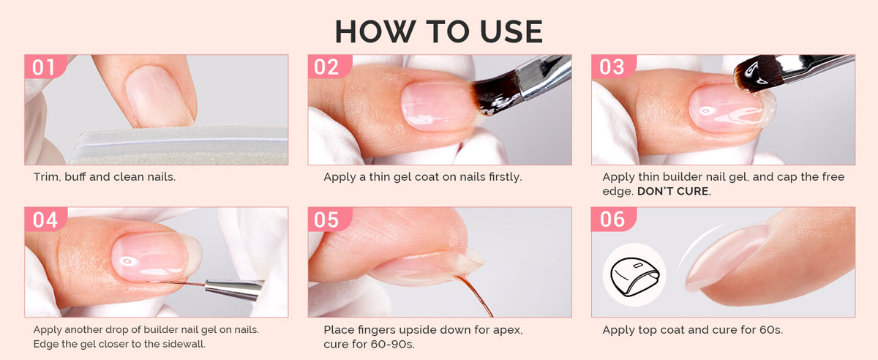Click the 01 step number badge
click(x=45, y=67)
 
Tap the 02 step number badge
click(x=329, y=67)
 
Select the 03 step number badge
click(x=612, y=67)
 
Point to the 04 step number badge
click(x=45, y=220)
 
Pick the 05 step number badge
click(x=329, y=220)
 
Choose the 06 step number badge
click(x=612, y=220)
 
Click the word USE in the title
click(x=511, y=31)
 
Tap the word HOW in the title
click(x=375, y=31)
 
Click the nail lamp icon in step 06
click(x=634, y=275)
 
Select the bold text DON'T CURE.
click(x=674, y=192)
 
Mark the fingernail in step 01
click(x=158, y=95)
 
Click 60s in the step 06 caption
click(x=771, y=330)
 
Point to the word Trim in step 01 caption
click(x=47, y=177)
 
